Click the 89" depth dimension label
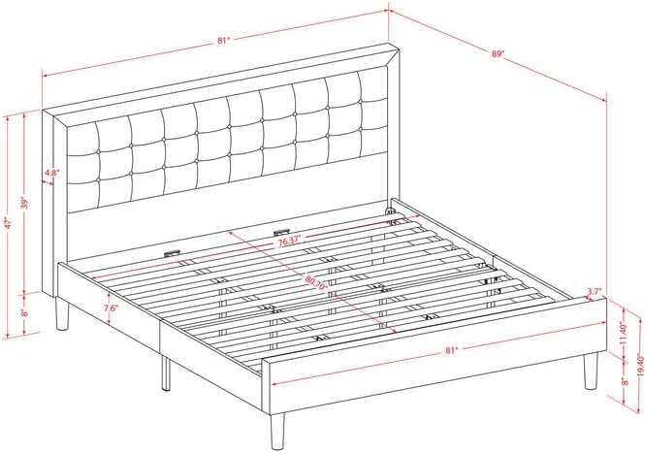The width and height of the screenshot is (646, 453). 498,53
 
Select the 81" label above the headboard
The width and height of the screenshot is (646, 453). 223,41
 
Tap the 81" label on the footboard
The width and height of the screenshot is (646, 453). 452,350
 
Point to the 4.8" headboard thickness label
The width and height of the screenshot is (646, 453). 52,173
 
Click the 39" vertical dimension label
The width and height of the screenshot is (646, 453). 25,204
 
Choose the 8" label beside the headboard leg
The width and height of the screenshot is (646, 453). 25,313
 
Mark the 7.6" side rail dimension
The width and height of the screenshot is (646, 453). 111,307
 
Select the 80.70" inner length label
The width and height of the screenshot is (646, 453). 316,282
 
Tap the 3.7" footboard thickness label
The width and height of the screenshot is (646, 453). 595,291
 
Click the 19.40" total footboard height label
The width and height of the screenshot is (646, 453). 640,365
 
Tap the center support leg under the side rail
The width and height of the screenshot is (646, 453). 166,373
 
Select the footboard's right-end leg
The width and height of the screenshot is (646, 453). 591,371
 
